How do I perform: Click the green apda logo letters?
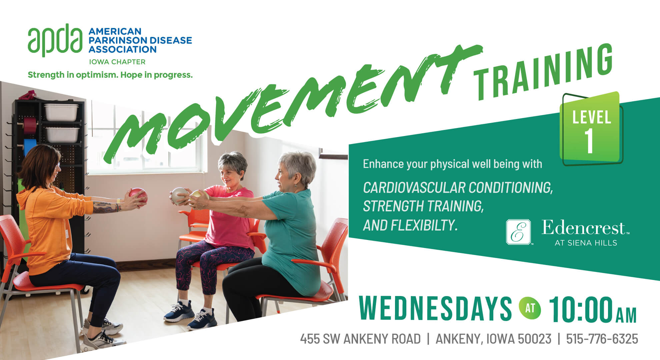55,40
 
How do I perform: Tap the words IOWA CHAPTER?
117,62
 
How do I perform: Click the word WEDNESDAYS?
435,309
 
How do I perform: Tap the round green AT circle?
530,308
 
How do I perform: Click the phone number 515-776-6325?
602,339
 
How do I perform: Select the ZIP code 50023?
534,339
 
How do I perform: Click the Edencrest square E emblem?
518,232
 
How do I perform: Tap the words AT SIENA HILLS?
586,243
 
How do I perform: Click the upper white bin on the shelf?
61,112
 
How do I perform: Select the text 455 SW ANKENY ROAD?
360,339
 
